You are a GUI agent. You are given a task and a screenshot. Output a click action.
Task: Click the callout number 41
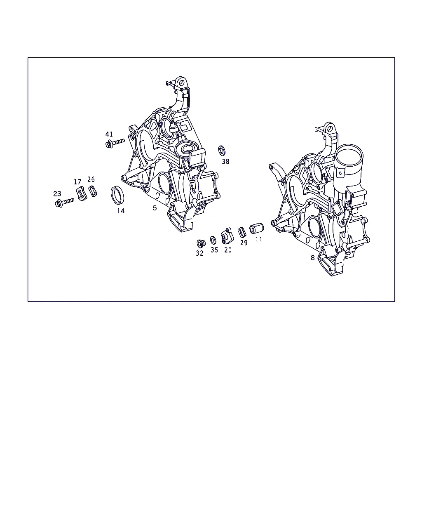[x=109, y=134]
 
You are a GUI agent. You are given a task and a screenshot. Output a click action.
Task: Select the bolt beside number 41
[x=115, y=143]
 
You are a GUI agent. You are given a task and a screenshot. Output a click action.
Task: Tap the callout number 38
[x=225, y=161]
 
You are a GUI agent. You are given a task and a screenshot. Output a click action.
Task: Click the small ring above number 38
[x=222, y=151]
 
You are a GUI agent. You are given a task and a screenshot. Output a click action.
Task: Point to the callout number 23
[x=57, y=194]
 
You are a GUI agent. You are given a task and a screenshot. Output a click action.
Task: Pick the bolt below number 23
[x=64, y=203]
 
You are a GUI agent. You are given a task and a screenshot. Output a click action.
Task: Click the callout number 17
[x=77, y=182]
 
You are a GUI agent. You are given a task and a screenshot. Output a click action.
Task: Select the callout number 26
[x=91, y=179]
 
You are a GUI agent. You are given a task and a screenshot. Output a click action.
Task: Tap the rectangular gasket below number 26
[x=93, y=191]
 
